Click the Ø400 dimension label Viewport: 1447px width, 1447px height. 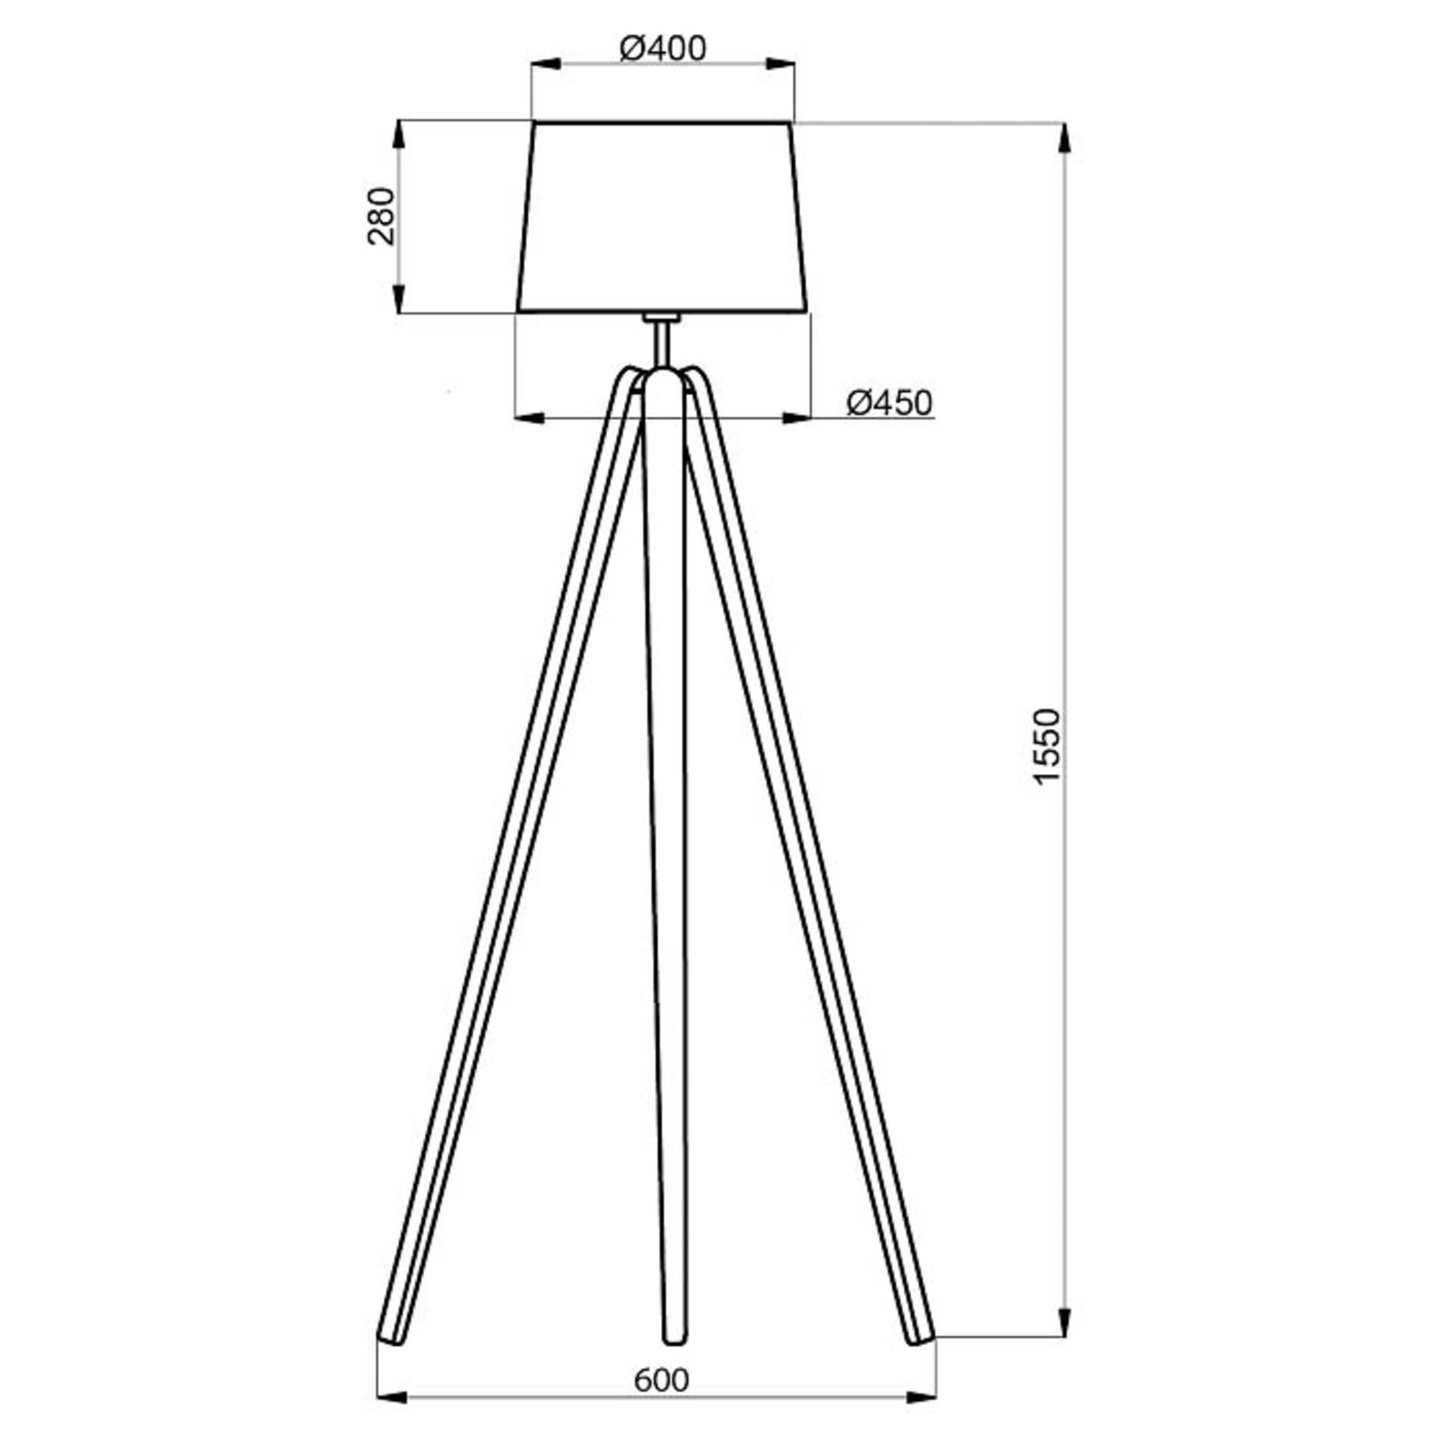[662, 48]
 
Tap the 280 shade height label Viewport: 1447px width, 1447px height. [382, 216]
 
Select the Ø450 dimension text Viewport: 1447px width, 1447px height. [888, 402]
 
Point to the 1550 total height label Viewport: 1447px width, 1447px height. [1045, 746]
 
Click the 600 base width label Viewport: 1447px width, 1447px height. [661, 1380]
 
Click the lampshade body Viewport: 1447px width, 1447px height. [662, 217]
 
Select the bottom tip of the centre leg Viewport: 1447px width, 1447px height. [674, 1338]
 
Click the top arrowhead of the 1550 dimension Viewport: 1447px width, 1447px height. [1064, 137]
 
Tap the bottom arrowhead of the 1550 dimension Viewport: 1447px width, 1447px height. [1064, 1321]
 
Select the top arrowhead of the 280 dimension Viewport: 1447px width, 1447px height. [398, 136]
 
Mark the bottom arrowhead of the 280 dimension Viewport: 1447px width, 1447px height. [398, 298]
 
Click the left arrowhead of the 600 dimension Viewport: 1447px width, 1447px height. [392, 1397]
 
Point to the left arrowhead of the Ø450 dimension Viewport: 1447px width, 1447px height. [529, 418]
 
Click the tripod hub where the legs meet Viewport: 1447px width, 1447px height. [662, 380]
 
